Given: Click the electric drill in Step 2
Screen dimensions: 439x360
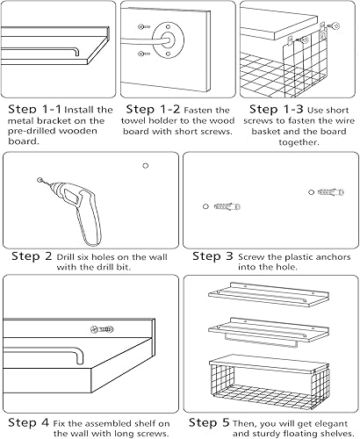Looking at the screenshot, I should (78, 211).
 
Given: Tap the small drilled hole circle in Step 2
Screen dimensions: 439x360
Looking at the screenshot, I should (144, 165).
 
